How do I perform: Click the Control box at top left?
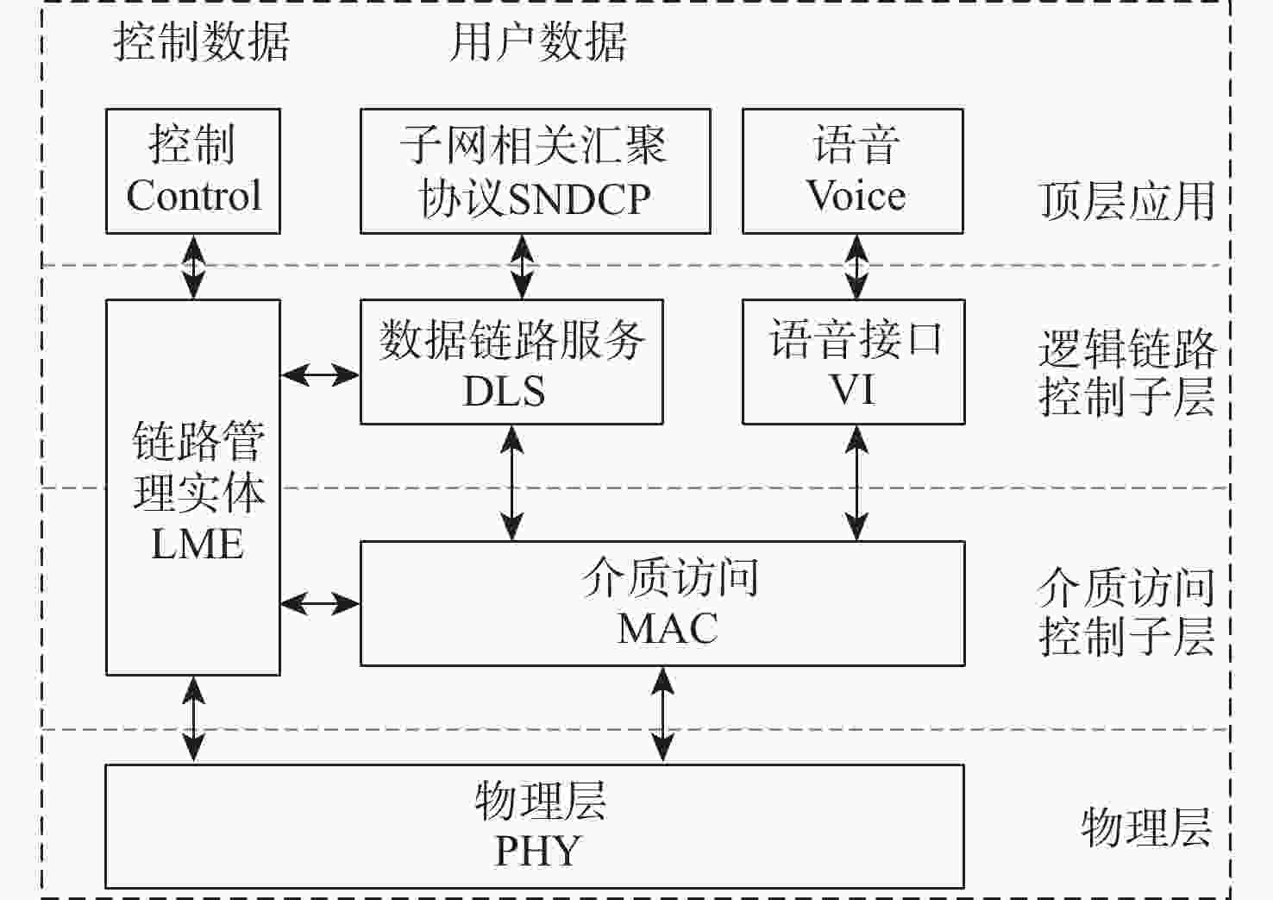point(193,171)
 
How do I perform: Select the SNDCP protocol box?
point(535,171)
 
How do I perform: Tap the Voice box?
point(853,171)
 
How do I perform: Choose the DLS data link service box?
point(511,362)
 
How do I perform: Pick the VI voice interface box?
point(853,362)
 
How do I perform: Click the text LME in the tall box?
point(198,544)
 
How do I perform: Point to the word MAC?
point(668,629)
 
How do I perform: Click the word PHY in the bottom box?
point(538,852)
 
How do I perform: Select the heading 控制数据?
point(202,41)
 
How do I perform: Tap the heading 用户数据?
point(538,41)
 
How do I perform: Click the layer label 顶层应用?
point(1127,201)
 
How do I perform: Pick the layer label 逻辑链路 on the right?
point(1127,349)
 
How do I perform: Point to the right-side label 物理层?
point(1146,828)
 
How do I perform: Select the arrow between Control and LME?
point(194,267)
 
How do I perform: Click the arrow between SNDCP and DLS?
point(523,267)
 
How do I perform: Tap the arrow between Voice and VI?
point(856,267)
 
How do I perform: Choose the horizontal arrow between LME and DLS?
point(320,374)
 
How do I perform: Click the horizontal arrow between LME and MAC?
point(320,603)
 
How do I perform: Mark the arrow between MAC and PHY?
point(662,714)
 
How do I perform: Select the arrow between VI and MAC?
point(856,483)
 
